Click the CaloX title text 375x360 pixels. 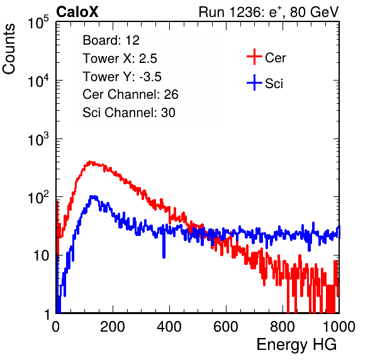click(x=77, y=12)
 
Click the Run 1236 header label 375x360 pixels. click(x=269, y=12)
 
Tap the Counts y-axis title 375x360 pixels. click(x=9, y=49)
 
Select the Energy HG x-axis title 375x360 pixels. click(x=296, y=345)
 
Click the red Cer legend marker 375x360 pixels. click(x=254, y=57)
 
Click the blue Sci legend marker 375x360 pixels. click(x=254, y=83)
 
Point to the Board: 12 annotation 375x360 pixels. click(x=111, y=40)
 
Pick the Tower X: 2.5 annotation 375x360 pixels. click(x=120, y=59)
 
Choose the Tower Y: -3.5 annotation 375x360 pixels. click(x=122, y=77)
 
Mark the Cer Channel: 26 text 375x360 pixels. click(x=130, y=94)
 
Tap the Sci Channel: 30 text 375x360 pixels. click(x=129, y=113)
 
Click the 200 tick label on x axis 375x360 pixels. click(x=113, y=327)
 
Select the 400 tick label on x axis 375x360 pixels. click(x=169, y=327)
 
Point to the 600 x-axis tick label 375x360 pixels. click(x=226, y=327)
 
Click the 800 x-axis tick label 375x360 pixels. click(x=283, y=327)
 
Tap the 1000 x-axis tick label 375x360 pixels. click(x=339, y=327)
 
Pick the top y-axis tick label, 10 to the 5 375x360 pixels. click(x=38, y=23)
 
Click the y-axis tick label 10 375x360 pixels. click(x=41, y=256)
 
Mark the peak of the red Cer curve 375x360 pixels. click(x=89, y=162)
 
